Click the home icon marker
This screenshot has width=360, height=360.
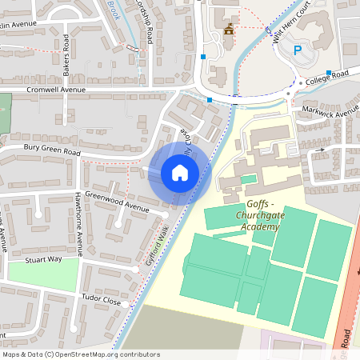click(x=180, y=172)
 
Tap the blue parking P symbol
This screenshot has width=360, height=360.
click(x=298, y=50)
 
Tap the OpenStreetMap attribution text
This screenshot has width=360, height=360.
click(x=81, y=354)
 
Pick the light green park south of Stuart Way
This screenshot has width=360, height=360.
click(x=44, y=274)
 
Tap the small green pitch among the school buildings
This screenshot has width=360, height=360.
click(x=249, y=179)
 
